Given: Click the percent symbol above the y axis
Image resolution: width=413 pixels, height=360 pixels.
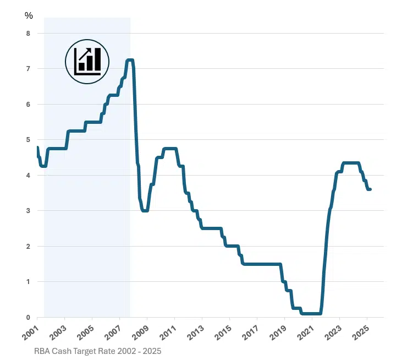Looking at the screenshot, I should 29,15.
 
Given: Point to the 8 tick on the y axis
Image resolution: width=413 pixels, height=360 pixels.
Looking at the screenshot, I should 27,34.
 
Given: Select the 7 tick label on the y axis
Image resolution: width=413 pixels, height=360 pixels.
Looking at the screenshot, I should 27,69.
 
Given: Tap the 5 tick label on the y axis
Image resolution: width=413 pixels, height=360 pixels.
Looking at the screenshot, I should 27,140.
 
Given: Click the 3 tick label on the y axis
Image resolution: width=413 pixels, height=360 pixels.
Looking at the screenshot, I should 27,211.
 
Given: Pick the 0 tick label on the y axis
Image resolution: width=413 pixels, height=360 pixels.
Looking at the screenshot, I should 27,318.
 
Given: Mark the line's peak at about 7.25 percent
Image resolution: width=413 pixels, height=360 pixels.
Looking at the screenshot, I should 130,60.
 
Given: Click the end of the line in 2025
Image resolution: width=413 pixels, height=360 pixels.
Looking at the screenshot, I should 370,189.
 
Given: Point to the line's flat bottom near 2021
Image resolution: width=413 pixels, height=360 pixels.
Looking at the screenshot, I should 311,314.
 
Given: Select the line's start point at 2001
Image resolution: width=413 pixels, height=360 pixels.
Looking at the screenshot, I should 37,148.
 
